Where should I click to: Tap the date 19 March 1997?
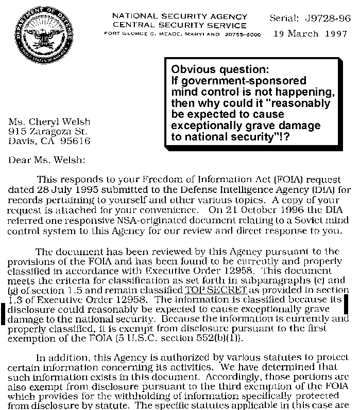(314, 34)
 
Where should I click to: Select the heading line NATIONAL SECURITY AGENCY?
(179, 16)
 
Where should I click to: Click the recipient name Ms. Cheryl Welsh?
(49, 122)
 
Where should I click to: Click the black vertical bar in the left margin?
(5, 313)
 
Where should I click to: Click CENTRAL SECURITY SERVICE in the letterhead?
(180, 25)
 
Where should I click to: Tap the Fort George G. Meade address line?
(182, 34)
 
